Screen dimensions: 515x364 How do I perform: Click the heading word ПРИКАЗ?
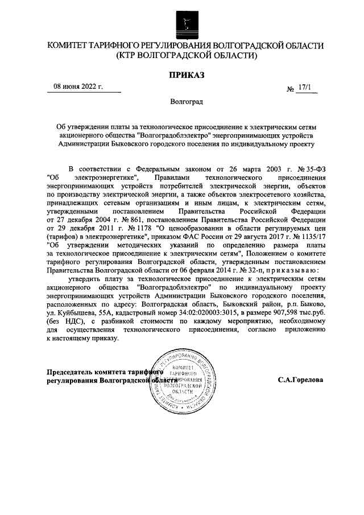click(x=186, y=75)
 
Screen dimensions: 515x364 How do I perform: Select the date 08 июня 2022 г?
click(x=78, y=87)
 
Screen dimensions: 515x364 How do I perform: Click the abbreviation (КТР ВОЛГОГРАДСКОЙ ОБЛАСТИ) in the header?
click(x=185, y=56)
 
